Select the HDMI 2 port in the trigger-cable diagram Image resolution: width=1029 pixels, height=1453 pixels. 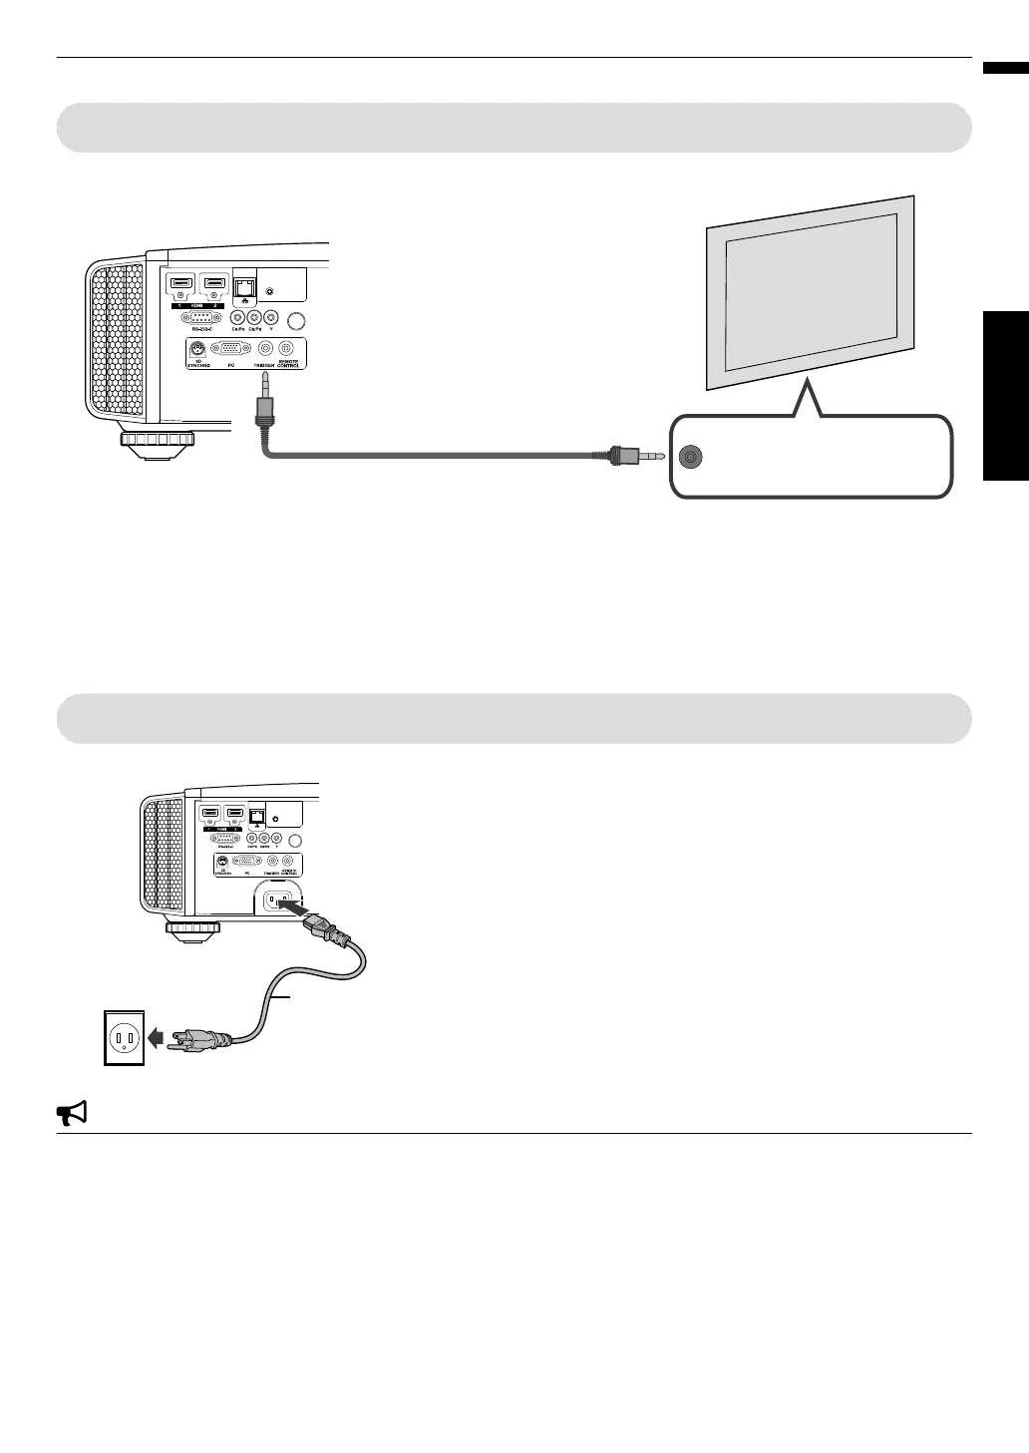(x=213, y=286)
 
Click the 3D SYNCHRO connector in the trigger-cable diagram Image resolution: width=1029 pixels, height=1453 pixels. (x=197, y=349)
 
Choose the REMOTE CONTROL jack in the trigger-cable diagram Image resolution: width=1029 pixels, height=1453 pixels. (x=287, y=349)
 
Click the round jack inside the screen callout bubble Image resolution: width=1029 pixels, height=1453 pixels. (x=690, y=458)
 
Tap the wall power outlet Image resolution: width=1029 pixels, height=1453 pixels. (x=125, y=1038)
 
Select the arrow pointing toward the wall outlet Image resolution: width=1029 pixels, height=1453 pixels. (x=156, y=1037)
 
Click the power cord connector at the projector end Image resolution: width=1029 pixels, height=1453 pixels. (x=329, y=930)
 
